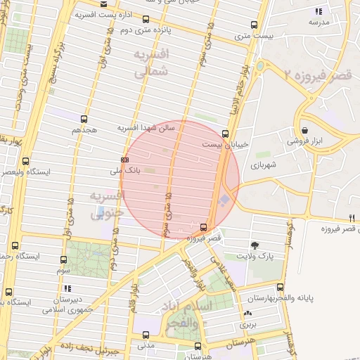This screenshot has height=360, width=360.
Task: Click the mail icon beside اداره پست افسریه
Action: (x=104, y=4)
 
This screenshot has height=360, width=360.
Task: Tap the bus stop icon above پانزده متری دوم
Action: (x=146, y=20)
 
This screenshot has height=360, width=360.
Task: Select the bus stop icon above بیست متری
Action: (x=255, y=24)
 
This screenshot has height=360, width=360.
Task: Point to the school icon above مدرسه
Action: (x=319, y=11)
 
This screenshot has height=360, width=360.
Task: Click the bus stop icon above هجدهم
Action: (x=84, y=119)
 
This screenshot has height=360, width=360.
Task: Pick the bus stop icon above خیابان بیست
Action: (x=225, y=133)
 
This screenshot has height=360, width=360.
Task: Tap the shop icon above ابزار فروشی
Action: (x=304, y=130)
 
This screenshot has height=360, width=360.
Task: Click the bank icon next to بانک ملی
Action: (x=125, y=160)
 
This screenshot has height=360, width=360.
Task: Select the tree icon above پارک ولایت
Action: (x=254, y=245)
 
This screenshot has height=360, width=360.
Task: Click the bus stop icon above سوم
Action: (x=63, y=259)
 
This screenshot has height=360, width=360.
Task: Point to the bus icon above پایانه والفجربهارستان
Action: (x=280, y=287)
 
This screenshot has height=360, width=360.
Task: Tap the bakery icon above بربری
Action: (x=247, y=314)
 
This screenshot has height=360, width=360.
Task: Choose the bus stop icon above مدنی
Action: (x=146, y=335)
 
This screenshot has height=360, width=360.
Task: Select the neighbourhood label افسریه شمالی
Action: (x=151, y=63)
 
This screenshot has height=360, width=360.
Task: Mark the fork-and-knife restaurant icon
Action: (x=352, y=217)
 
